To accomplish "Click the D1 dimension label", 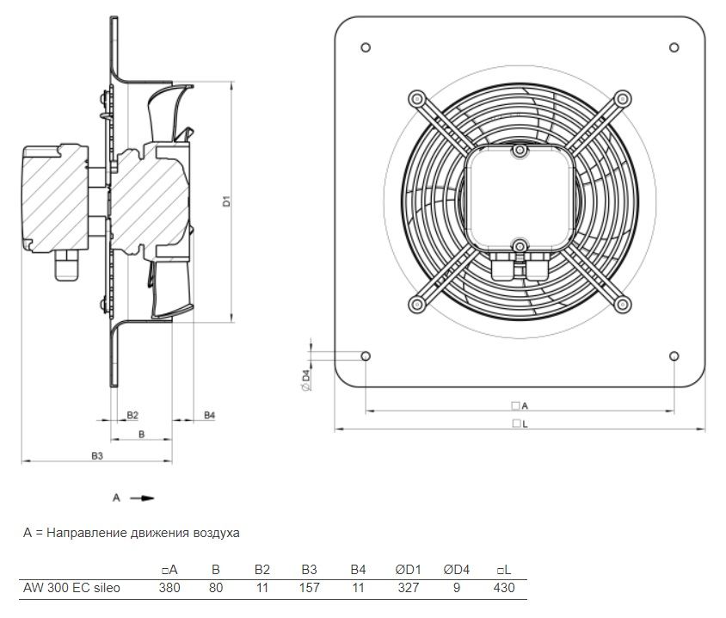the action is [x=226, y=201].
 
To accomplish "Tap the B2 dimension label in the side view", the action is [x=132, y=415].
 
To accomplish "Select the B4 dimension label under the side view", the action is [x=210, y=415].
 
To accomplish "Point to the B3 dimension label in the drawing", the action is [x=96, y=456].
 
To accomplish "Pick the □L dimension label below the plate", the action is [x=520, y=423].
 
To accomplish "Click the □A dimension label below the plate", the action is [x=520, y=405].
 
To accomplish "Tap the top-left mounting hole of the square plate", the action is [x=366, y=47].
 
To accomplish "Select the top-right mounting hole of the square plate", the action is [x=674, y=47].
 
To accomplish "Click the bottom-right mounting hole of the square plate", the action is [x=674, y=355].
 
